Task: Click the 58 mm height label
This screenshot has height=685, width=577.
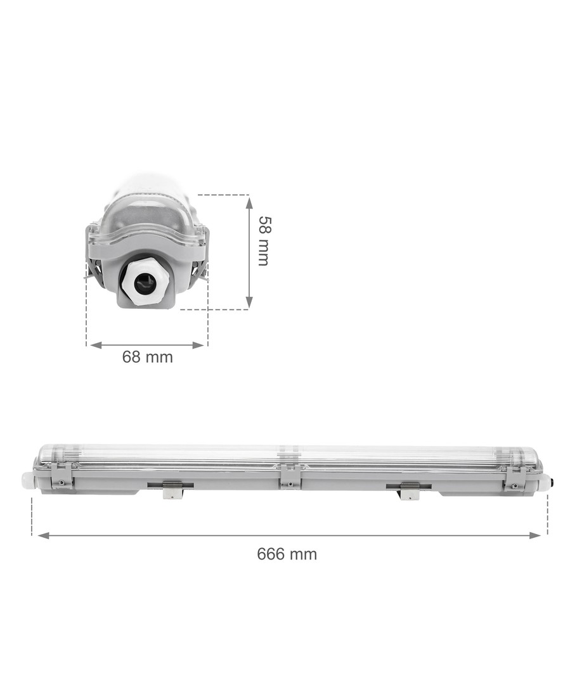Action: click(x=263, y=241)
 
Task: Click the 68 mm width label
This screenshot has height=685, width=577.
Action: click(x=148, y=357)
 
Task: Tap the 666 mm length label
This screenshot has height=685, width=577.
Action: click(x=287, y=554)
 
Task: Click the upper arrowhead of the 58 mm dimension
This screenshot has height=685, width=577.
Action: click(x=249, y=202)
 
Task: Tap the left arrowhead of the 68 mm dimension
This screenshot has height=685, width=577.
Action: click(x=96, y=345)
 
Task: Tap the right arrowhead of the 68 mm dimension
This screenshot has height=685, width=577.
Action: click(x=198, y=345)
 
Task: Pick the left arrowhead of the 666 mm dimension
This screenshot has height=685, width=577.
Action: click(x=44, y=535)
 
